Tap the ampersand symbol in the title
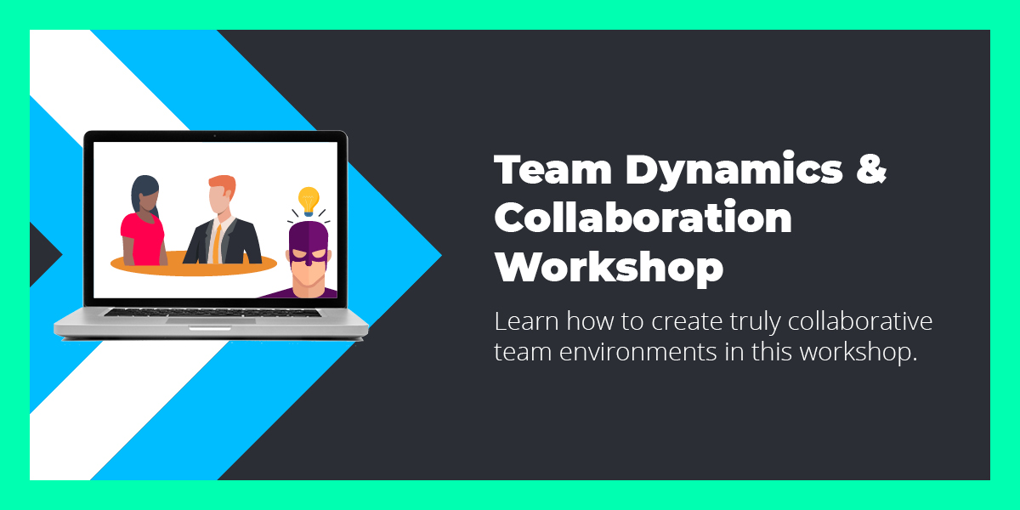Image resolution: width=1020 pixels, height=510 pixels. (x=870, y=171)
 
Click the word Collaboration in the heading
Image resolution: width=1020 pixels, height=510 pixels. (x=643, y=219)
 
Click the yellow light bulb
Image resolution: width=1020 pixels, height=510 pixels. (x=308, y=201)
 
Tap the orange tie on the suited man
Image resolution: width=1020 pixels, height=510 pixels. (x=218, y=241)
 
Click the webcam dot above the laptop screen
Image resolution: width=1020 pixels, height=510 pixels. (x=215, y=136)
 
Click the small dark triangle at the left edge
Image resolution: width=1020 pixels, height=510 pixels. (x=42, y=254)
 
